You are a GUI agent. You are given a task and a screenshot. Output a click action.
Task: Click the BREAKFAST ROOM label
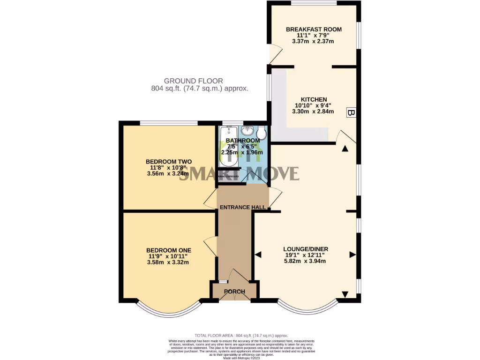click(x=314, y=29)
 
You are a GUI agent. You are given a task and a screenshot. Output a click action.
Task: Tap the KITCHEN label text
click(x=314, y=99)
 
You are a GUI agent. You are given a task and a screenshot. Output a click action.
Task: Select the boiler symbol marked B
click(x=350, y=112)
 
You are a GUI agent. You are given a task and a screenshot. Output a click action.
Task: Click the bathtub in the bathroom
click(x=228, y=148)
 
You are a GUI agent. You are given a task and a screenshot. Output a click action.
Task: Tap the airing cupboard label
click(x=228, y=176)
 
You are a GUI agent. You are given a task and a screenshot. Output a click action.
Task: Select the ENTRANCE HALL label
click(x=243, y=207)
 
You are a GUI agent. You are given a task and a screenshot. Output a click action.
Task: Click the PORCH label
click(x=234, y=292)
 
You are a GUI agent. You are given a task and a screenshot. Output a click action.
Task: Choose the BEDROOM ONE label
click(x=168, y=250)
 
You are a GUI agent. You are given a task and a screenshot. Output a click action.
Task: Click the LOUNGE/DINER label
click(x=306, y=249)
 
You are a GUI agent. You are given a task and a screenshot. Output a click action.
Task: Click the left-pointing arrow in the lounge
click(x=258, y=255)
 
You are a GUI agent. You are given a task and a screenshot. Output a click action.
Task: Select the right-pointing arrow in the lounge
click(x=352, y=255)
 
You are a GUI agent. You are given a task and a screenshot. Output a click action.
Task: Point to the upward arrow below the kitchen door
click(x=345, y=149)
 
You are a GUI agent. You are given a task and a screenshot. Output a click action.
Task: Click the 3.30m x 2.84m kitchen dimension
click(x=314, y=112)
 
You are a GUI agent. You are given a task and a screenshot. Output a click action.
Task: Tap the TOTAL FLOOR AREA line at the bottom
click(x=241, y=336)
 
